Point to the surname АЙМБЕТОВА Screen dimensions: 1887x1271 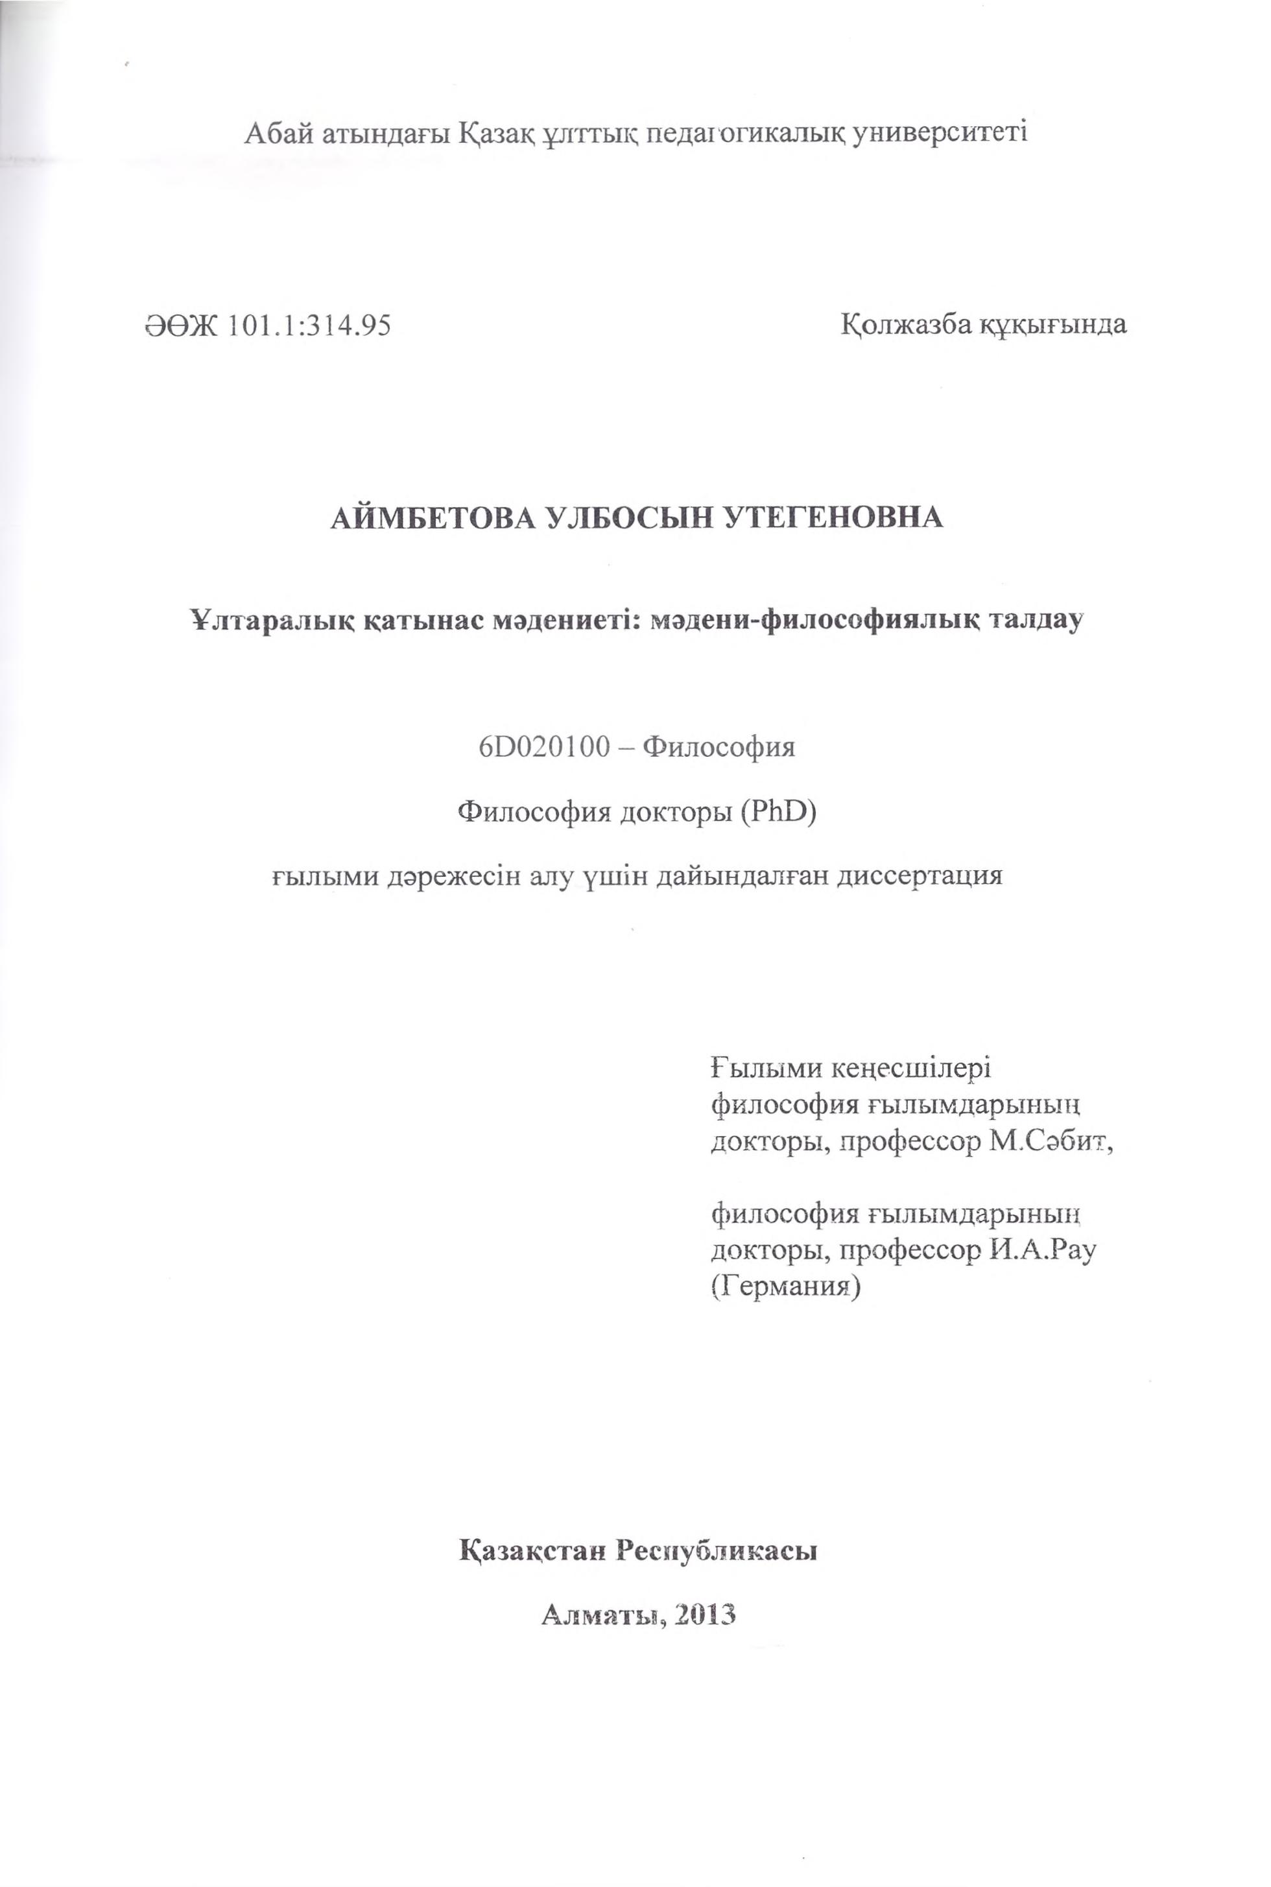click(x=425, y=516)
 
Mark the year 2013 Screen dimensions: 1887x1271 click(x=703, y=1615)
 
